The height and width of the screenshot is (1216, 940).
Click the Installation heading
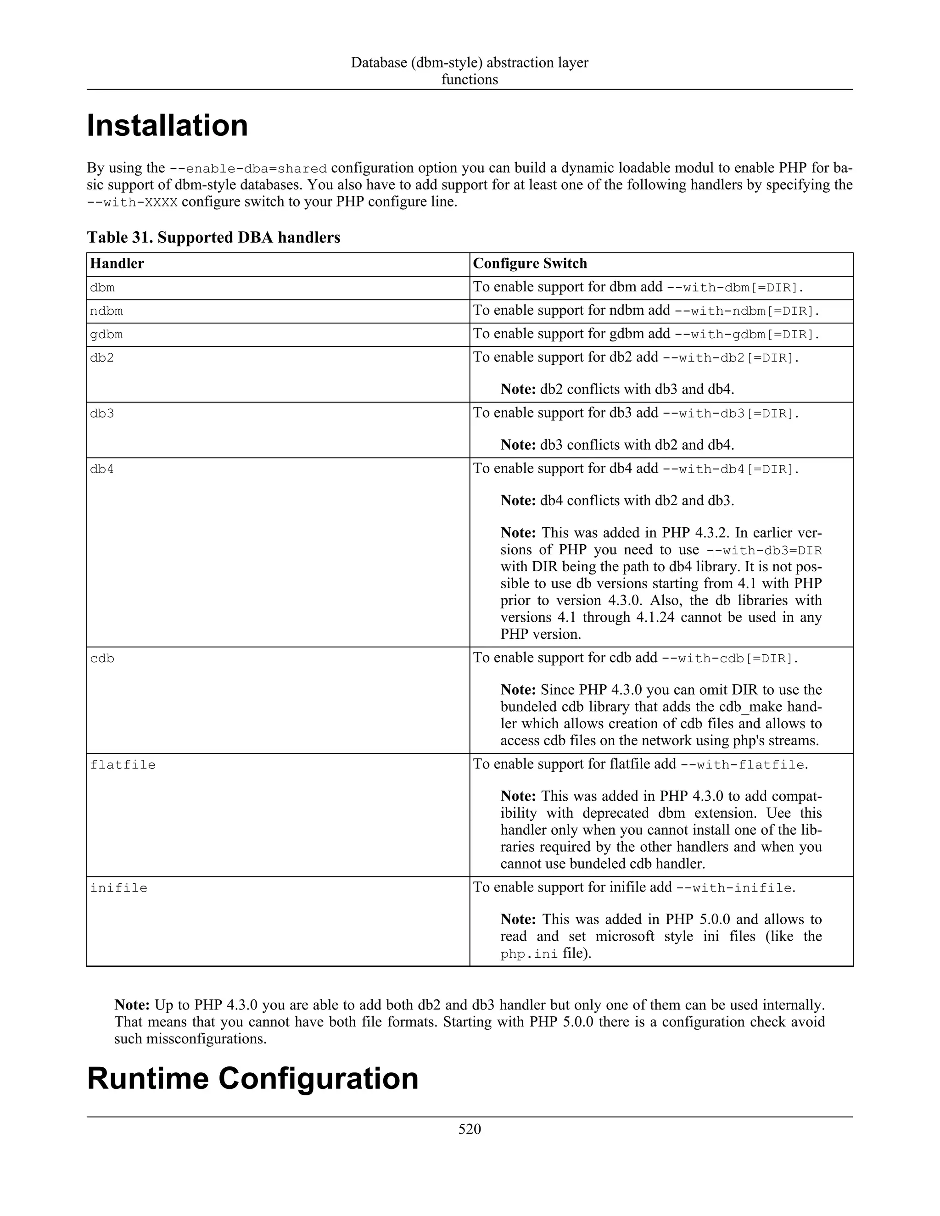pyautogui.click(x=167, y=126)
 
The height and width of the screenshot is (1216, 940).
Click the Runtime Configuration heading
pyautogui.click(x=252, y=1078)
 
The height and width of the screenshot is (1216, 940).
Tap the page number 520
pyautogui.click(x=470, y=1129)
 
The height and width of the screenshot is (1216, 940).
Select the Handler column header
pyautogui.click(x=117, y=263)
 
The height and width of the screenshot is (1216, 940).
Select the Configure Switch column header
pyautogui.click(x=530, y=263)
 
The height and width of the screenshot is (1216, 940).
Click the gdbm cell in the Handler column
pyautogui.click(x=106, y=335)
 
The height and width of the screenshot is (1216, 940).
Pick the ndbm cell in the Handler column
pyautogui.click(x=106, y=311)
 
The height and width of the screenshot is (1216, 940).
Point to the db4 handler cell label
pyautogui.click(x=102, y=469)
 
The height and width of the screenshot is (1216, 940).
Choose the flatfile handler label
pyautogui.click(x=123, y=765)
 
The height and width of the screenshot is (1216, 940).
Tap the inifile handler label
pyautogui.click(x=118, y=888)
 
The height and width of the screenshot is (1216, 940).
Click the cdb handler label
pyautogui.click(x=102, y=658)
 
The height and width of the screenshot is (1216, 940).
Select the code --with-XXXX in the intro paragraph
pyautogui.click(x=132, y=202)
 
